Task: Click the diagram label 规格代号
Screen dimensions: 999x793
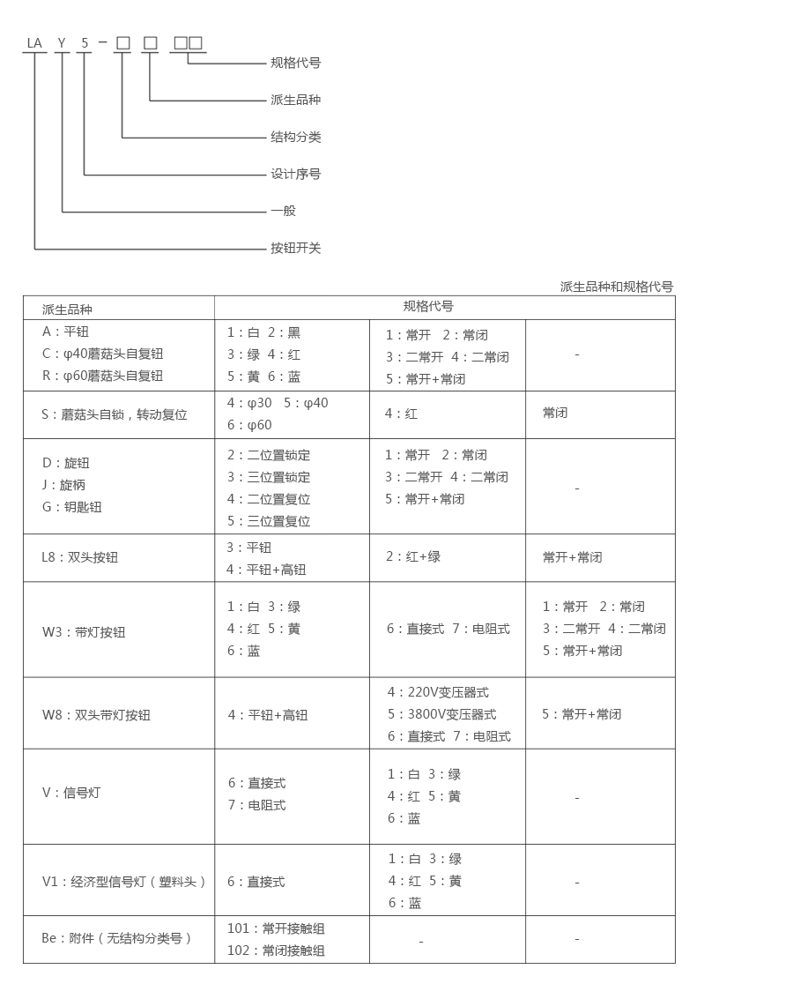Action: click(295, 63)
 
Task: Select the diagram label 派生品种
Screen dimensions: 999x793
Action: click(295, 100)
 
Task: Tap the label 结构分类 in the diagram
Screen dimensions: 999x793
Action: click(295, 137)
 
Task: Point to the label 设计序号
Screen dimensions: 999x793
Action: click(295, 174)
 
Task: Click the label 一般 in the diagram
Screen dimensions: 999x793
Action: click(283, 211)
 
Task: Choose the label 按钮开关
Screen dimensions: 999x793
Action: click(295, 248)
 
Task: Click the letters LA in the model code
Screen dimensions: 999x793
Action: click(34, 43)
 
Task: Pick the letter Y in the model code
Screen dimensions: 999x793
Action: click(62, 43)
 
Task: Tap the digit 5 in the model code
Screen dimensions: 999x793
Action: click(85, 43)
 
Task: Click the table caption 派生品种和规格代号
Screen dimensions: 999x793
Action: click(616, 287)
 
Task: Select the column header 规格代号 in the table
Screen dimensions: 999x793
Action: click(428, 307)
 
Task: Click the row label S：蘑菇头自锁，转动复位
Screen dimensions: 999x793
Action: click(115, 414)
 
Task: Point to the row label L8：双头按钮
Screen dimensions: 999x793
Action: click(80, 557)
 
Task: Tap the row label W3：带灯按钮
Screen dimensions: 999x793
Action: click(84, 632)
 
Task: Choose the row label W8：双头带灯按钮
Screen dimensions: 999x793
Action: click(96, 715)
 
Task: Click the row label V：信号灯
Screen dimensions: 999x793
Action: click(71, 793)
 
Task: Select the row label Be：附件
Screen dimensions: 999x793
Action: click(116, 938)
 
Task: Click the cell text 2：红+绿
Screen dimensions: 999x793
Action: click(413, 556)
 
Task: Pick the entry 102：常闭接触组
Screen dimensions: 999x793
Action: click(276, 951)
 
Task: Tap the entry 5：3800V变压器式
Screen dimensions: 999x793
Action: click(441, 714)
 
